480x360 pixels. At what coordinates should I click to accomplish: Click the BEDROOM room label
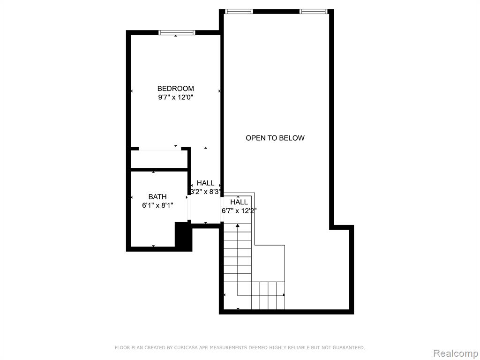coord(175,89)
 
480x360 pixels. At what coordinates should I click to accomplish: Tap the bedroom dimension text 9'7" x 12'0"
coord(176,97)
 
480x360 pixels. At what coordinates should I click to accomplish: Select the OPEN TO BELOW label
coord(275,138)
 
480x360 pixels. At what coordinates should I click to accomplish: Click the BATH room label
coord(157,197)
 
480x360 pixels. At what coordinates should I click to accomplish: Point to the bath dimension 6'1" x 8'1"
coord(157,205)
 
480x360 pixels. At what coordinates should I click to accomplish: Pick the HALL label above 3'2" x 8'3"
coord(205,183)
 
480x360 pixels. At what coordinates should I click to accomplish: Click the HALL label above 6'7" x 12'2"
coord(239,202)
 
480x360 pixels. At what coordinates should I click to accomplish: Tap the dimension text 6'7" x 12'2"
coord(239,211)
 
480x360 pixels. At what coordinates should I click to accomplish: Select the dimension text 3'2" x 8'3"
coord(205,192)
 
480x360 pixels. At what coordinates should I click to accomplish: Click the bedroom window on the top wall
coord(177,32)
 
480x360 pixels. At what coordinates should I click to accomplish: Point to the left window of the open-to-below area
coord(239,12)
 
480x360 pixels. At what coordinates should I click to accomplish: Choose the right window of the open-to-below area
coord(313,12)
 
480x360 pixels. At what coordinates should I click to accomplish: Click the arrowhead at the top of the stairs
coord(238,226)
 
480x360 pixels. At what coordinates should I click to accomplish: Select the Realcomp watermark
coord(456,353)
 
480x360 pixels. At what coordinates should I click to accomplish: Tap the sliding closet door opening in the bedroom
coord(160,149)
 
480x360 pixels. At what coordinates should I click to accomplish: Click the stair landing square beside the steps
coord(268,263)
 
